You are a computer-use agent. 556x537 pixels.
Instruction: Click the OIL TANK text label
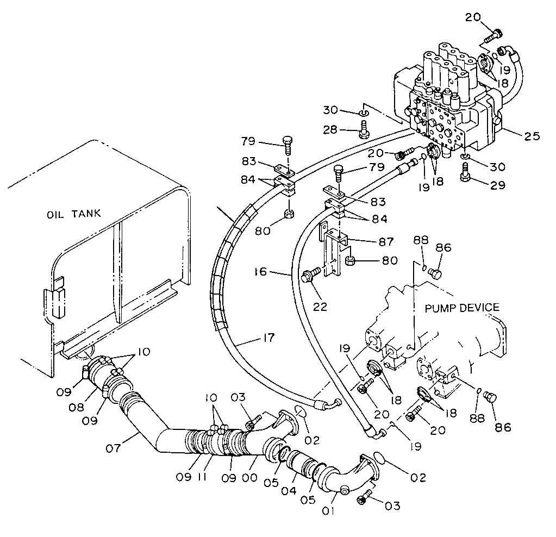pyautogui.click(x=73, y=214)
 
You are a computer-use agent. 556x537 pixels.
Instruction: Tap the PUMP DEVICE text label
pyautogui.click(x=461, y=308)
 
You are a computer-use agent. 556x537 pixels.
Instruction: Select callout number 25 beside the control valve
pyautogui.click(x=532, y=136)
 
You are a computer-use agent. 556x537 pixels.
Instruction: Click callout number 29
pyautogui.click(x=497, y=185)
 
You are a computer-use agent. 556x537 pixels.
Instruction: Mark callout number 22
pyautogui.click(x=320, y=307)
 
